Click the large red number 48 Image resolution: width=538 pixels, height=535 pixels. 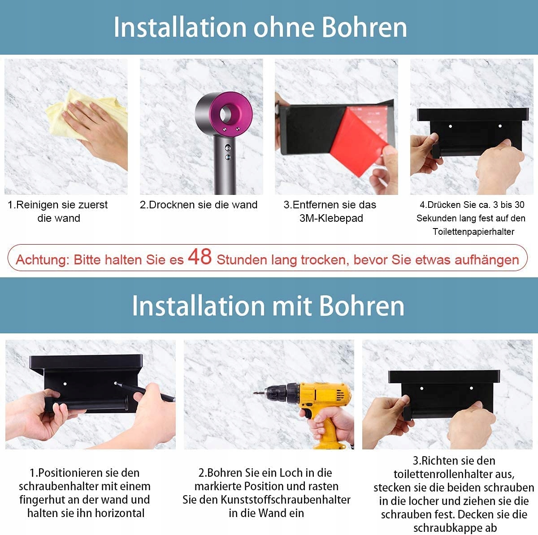pyautogui.click(x=200, y=257)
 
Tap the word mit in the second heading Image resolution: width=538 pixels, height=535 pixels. pyautogui.click(x=292, y=306)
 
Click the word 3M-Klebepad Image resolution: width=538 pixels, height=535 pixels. pyautogui.click(x=331, y=218)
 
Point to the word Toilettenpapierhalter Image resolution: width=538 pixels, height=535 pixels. pyautogui.click(x=473, y=232)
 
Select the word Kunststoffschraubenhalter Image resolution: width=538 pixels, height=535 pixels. pyautogui.click(x=285, y=500)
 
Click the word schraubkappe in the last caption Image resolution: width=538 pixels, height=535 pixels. pyautogui.click(x=445, y=528)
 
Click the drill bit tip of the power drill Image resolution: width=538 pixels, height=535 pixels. pyautogui.click(x=254, y=393)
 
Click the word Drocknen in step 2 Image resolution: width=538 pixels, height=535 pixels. pyautogui.click(x=169, y=205)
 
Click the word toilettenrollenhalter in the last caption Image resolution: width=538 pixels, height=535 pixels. pyautogui.click(x=444, y=474)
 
